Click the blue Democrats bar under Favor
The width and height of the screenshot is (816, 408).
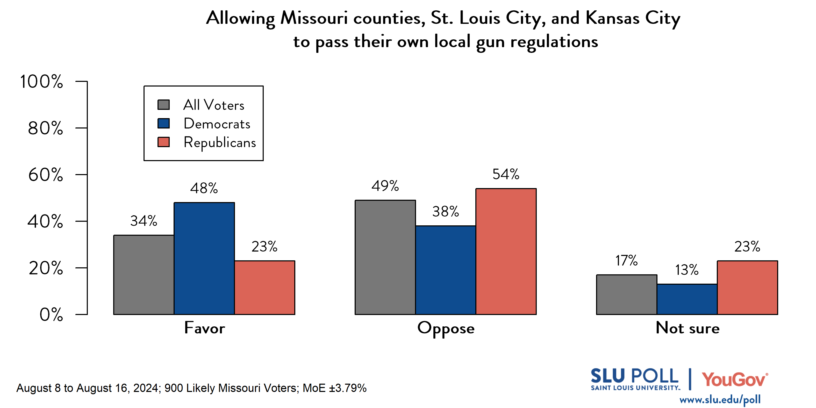pos(204,258)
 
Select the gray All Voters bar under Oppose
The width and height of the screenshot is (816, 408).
pos(385,257)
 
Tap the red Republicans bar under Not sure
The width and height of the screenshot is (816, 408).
pos(747,287)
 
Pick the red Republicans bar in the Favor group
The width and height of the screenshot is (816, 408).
pos(264,287)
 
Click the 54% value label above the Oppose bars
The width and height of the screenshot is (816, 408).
pos(506,174)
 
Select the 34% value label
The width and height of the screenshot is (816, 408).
pos(144,221)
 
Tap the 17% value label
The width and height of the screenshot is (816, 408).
pos(626,260)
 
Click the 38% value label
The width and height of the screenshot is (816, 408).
pos(445,211)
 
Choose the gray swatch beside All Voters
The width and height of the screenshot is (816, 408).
pos(163,105)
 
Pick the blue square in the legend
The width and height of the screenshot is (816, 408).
pos(163,123)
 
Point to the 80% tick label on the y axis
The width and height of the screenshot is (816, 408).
pos(45,128)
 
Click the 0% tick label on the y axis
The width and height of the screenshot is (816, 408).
pos(51,314)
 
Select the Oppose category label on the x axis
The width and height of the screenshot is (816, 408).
pos(446,328)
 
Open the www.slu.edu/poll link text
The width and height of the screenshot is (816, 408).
pos(720,399)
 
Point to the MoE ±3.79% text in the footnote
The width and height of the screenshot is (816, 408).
pos(334,388)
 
